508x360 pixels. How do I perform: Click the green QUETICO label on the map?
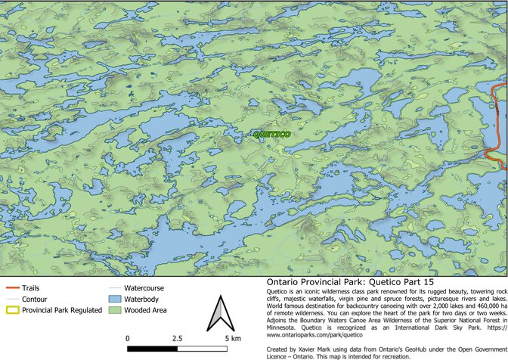click(271, 135)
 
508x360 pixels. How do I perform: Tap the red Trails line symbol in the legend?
click(11, 288)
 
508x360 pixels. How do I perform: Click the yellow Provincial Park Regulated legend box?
click(11, 309)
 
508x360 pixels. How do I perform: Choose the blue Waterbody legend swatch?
click(113, 299)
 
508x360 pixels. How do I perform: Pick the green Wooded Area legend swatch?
click(113, 309)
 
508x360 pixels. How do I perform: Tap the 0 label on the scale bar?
click(127, 337)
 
